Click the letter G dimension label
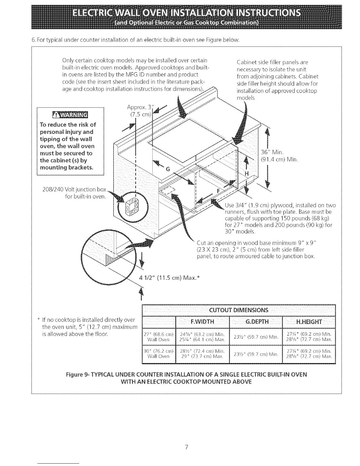point(168,169)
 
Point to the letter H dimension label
point(247,174)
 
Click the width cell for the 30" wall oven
point(202,354)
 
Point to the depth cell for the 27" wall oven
point(256,337)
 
